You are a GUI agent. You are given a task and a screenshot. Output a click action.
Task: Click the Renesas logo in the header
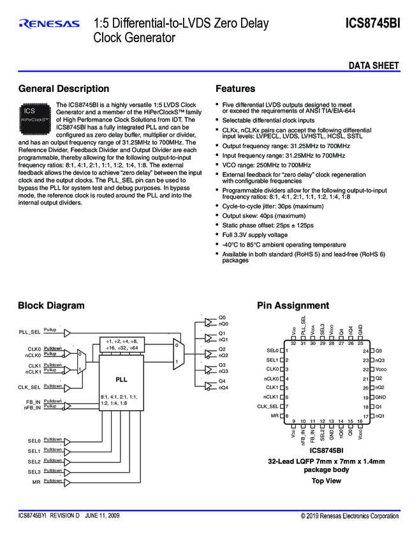[49, 24]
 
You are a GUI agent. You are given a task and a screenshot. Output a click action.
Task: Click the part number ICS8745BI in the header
[373, 24]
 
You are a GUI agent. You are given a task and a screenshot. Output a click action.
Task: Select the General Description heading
[64, 89]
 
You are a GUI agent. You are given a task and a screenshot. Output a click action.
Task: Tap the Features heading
[235, 89]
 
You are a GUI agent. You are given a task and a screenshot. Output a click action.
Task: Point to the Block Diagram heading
[51, 305]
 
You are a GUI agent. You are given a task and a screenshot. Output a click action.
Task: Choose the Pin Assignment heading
[293, 305]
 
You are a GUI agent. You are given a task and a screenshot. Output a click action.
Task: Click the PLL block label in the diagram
[121, 379]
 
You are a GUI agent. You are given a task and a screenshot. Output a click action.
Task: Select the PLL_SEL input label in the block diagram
[30, 332]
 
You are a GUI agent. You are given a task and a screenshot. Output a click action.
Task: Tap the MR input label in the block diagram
[36, 482]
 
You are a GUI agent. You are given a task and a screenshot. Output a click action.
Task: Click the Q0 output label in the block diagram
[222, 317]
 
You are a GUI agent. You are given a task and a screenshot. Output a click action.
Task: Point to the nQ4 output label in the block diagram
[223, 388]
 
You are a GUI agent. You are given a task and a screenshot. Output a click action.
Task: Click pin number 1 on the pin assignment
[288, 351]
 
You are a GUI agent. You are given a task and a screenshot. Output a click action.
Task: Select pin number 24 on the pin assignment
[365, 351]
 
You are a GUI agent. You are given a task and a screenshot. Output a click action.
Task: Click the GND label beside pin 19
[380, 397]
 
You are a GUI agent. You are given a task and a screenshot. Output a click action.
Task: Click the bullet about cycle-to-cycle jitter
[272, 206]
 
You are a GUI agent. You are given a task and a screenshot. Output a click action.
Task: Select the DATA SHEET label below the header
[374, 66]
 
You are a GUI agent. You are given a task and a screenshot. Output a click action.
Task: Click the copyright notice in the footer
[349, 516]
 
